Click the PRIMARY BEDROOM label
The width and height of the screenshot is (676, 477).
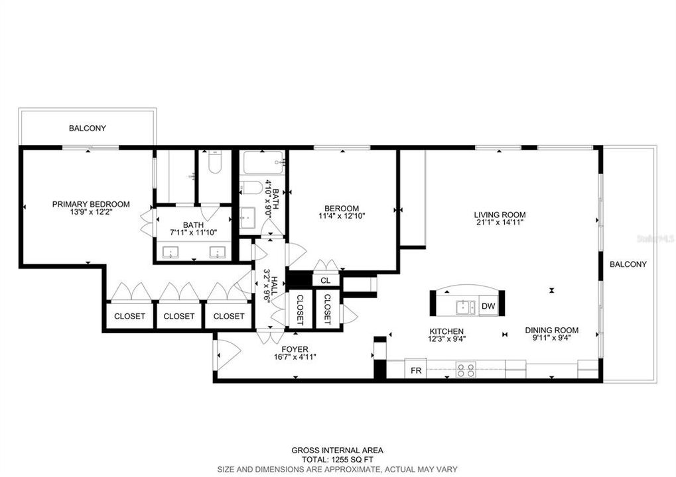tap(91, 204)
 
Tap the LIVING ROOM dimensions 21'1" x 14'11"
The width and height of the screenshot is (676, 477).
tap(500, 223)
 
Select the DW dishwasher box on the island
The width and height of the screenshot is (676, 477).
tap(488, 306)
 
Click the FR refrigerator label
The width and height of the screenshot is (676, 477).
tap(416, 370)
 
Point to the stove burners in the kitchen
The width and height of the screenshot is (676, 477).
tap(466, 369)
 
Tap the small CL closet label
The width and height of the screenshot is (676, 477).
tap(325, 281)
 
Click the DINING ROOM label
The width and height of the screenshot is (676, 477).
tap(551, 330)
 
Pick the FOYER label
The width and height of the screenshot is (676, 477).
tap(295, 349)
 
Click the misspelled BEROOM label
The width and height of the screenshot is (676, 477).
tap(342, 208)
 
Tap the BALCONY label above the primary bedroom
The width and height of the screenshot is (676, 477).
tap(88, 128)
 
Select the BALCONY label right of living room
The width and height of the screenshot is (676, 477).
tap(628, 264)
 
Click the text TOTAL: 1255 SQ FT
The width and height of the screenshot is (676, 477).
tap(337, 460)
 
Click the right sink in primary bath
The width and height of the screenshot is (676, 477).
tap(217, 252)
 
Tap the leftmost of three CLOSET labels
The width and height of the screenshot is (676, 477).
tap(129, 316)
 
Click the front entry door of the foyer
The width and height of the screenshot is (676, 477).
tap(222, 352)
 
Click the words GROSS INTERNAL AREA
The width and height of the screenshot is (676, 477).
tap(337, 450)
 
